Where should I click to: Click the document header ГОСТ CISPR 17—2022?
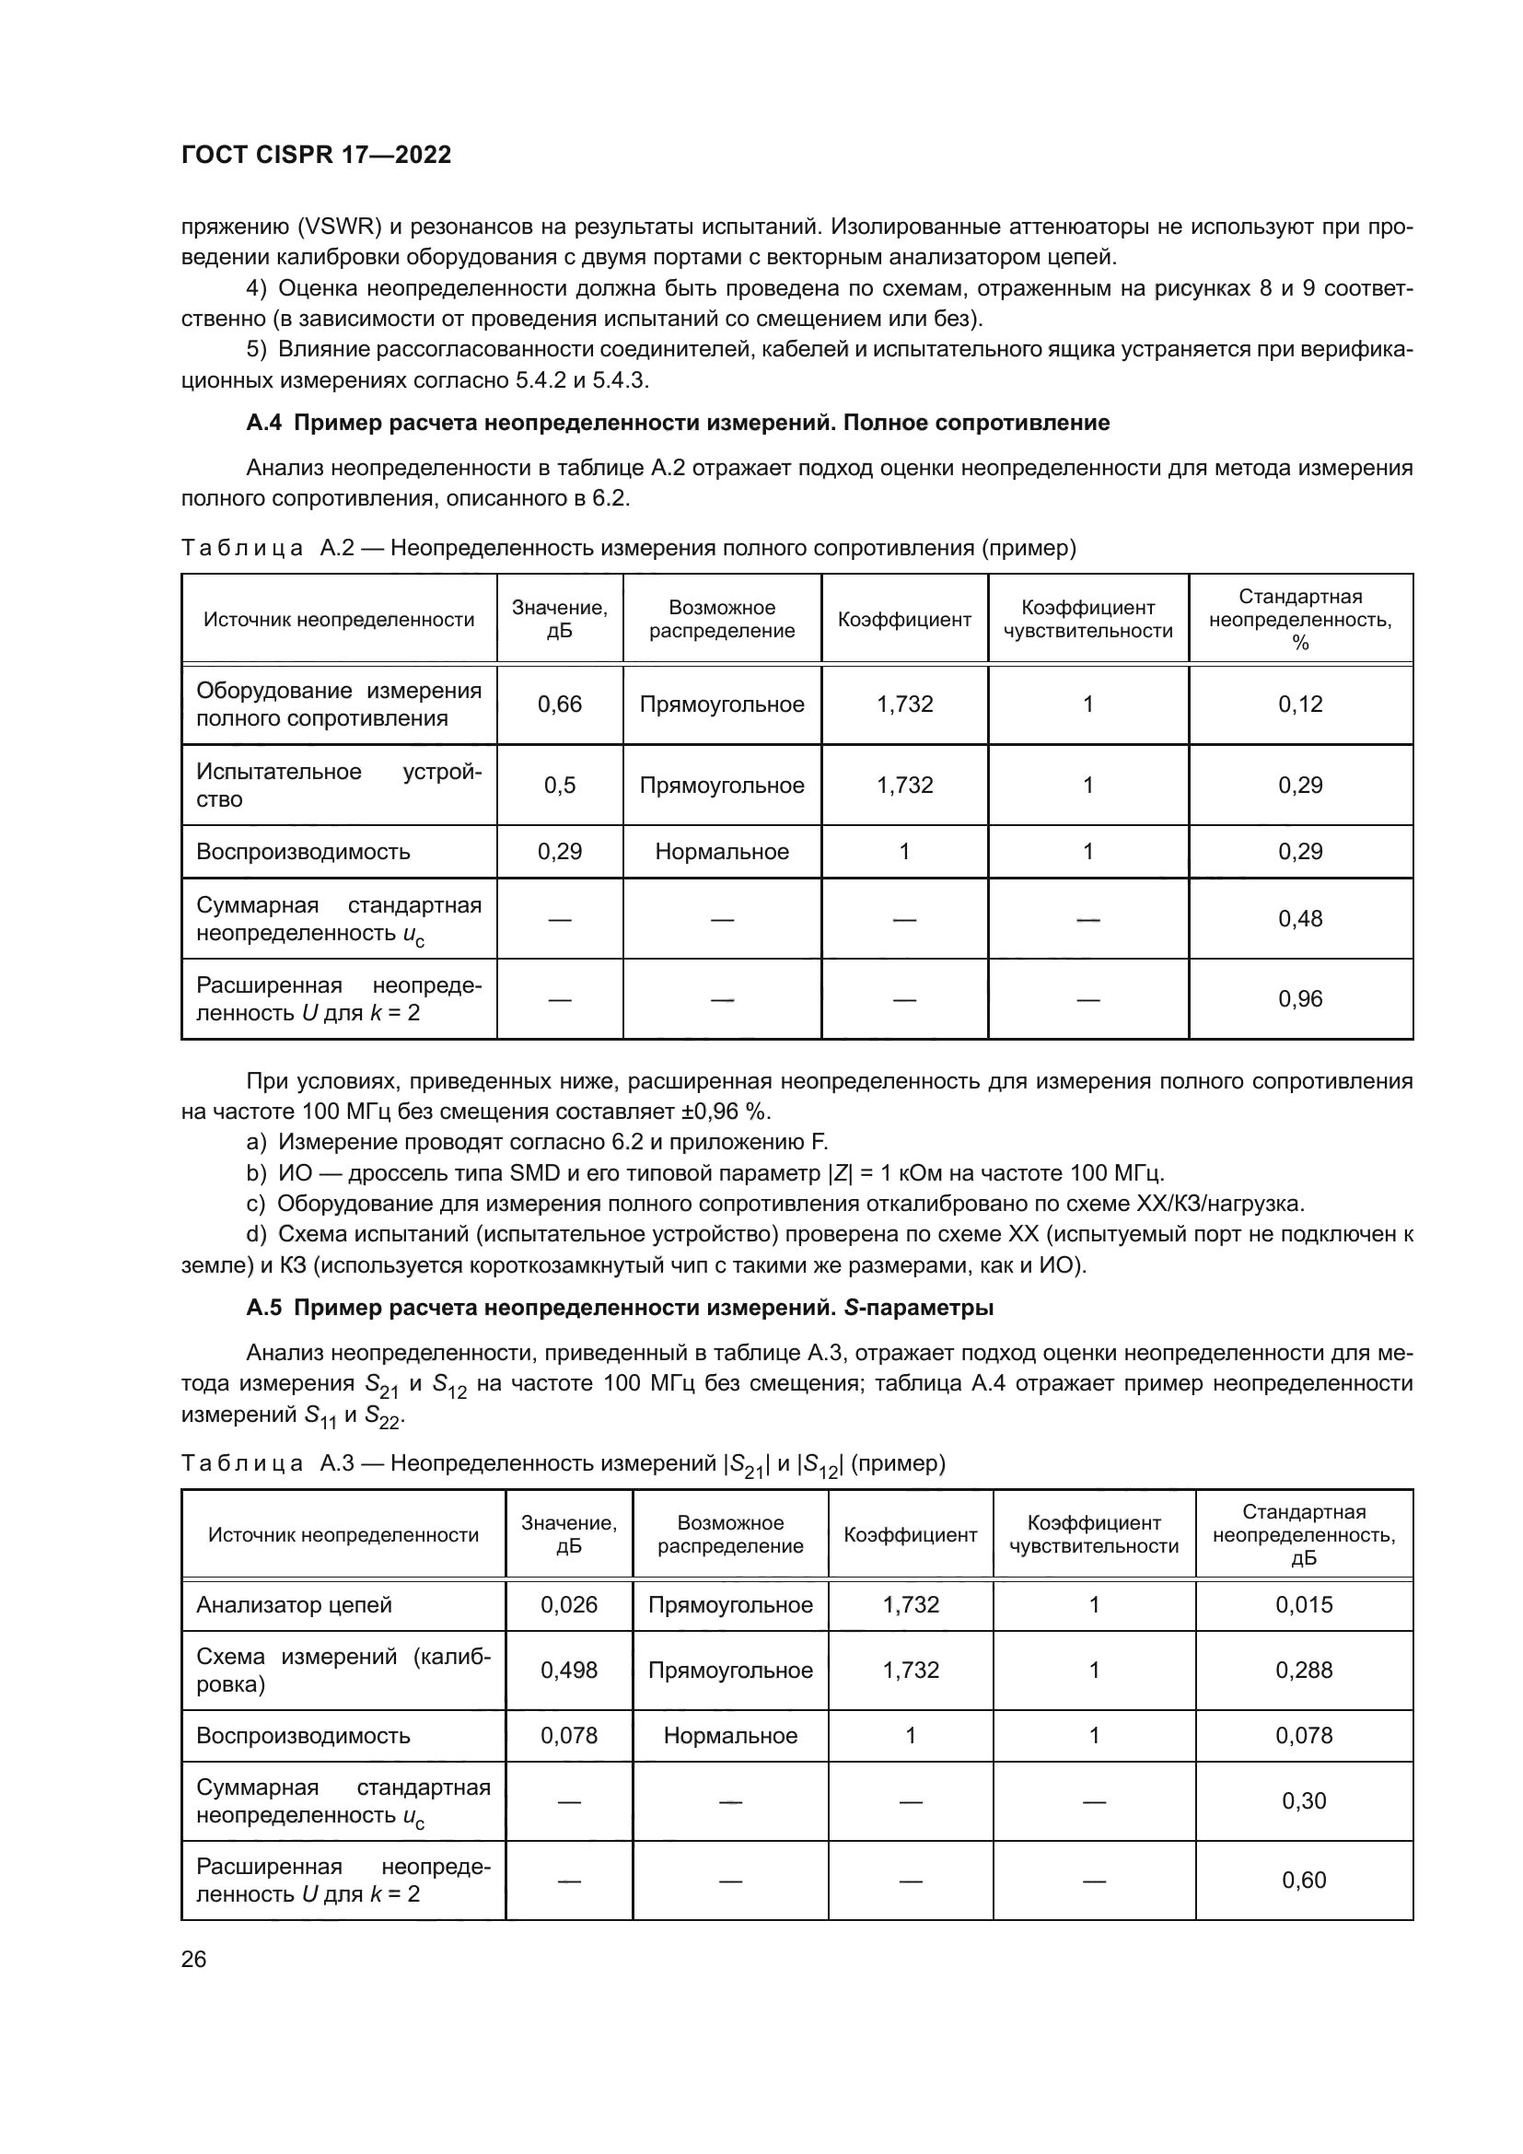[316, 155]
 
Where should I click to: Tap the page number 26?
[193, 1959]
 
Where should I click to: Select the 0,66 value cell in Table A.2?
[559, 704]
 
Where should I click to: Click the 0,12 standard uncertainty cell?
[1300, 704]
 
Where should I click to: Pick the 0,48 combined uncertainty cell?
[1300, 918]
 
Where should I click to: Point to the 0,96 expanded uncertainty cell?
[1300, 998]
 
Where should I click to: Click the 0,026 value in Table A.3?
[568, 1604]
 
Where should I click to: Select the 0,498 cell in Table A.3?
[568, 1670]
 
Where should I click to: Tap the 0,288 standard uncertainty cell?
[1304, 1670]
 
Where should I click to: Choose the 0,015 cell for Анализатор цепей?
[1304, 1604]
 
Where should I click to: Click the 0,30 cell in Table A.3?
[1304, 1800]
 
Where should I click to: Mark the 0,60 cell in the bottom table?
[1304, 1880]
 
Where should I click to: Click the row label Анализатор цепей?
[294, 1604]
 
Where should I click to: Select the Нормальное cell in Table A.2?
[721, 852]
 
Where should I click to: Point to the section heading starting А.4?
[677, 423]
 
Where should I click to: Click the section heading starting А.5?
[619, 1307]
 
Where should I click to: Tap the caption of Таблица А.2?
[628, 548]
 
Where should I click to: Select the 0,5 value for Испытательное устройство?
[559, 786]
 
